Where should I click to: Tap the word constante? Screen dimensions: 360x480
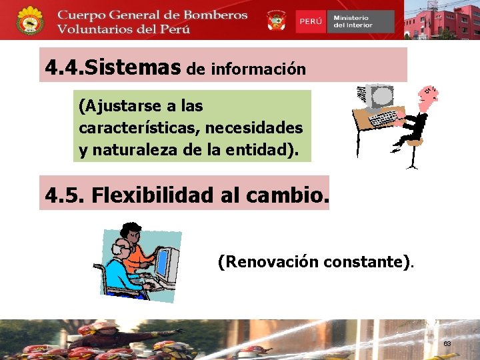(366, 262)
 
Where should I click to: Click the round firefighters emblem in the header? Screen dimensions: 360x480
(30, 21)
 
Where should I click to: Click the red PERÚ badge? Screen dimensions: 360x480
(311, 21)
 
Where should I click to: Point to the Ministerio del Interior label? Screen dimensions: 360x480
(353, 21)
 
